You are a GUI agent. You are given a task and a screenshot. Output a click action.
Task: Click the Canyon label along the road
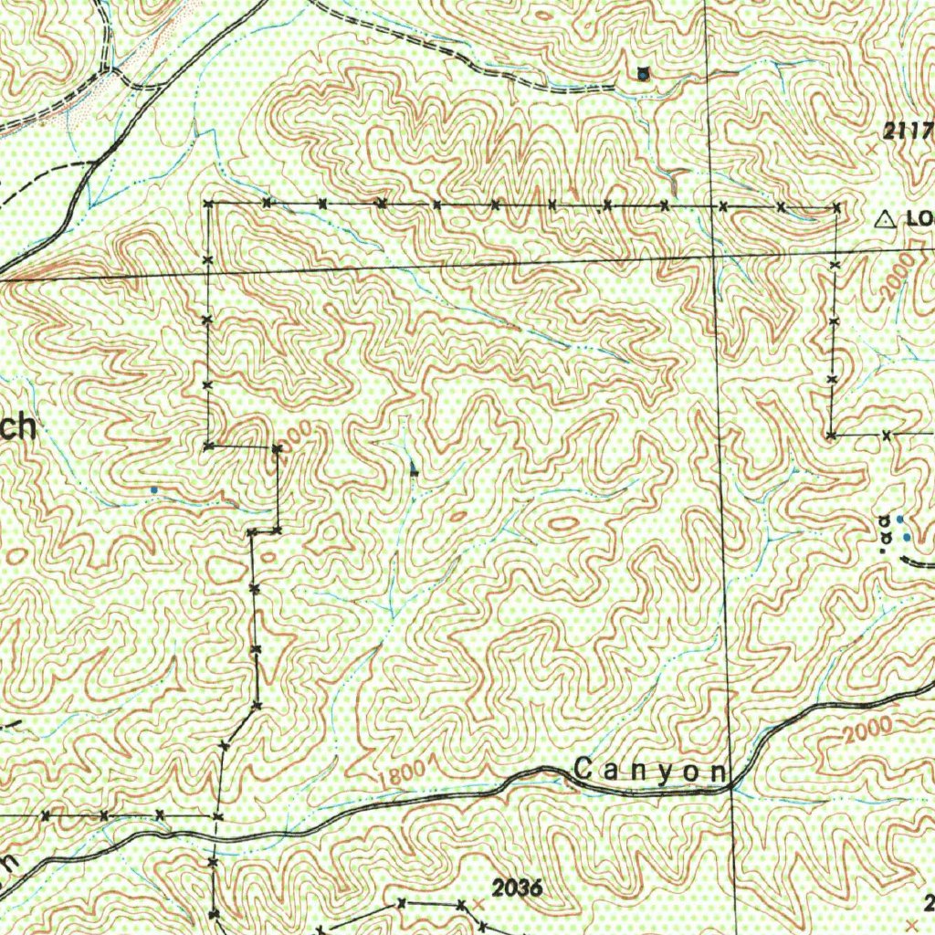tap(647, 772)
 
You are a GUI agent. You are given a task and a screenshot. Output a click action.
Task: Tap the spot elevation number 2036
tap(517, 888)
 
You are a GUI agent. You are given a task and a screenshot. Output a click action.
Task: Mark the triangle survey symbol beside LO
tap(884, 219)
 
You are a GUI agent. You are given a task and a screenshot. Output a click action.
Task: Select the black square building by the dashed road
tap(644, 74)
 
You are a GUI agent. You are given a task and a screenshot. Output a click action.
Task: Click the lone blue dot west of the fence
tap(153, 490)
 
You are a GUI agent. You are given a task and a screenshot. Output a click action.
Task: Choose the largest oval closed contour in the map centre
tap(563, 524)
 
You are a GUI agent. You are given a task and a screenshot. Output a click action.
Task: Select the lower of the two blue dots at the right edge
tap(906, 537)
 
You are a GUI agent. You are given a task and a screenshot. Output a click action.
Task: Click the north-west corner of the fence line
tap(209, 204)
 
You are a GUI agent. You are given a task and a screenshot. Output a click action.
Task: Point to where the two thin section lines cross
tap(714, 257)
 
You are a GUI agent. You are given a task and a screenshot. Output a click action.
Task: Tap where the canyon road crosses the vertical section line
tap(731, 782)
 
